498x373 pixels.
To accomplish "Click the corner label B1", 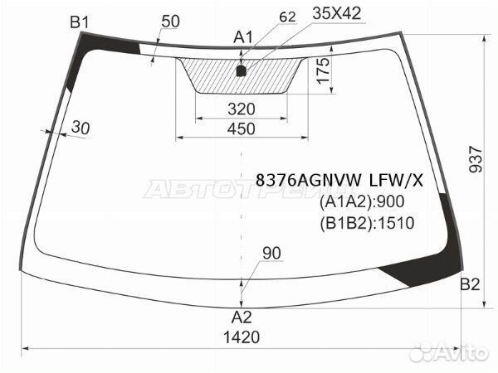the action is pos(80,22).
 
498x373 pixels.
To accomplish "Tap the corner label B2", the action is pos(470,284).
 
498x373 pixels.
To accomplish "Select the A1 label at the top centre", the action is pos(243,37).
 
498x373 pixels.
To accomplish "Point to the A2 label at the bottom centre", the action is pos(242,317).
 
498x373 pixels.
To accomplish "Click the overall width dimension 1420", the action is pos(242,337).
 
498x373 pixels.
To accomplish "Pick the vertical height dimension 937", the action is pos(476,159).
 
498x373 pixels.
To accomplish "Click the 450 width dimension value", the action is pos(242,129).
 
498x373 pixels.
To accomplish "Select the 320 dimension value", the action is pos(242,109).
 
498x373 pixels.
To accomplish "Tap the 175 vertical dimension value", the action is pos(324,70).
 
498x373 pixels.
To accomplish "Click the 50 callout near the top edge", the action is pos(170,22).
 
